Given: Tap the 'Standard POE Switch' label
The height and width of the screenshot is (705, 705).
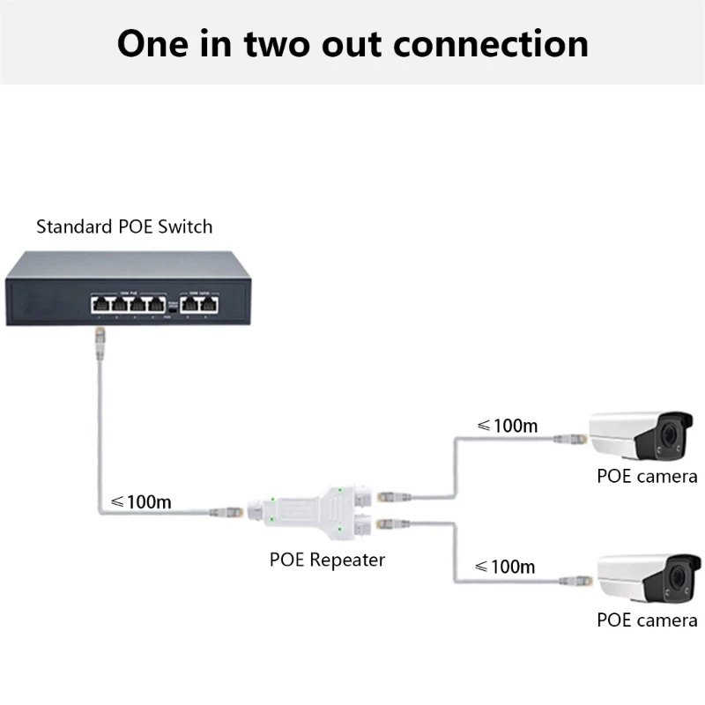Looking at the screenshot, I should [124, 226].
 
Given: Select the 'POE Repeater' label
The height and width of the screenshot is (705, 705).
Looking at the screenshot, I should [327, 559].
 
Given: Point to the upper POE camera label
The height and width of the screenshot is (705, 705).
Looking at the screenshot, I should [647, 477].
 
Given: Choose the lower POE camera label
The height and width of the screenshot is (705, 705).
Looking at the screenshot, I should [647, 620].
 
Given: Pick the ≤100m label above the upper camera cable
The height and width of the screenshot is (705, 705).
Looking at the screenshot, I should [507, 426].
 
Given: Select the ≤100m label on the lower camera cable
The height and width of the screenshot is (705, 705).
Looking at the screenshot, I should [505, 566].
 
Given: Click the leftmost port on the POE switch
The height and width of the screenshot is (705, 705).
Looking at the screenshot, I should [99, 304].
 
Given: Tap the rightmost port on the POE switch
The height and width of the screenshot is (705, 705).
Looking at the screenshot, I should [210, 304].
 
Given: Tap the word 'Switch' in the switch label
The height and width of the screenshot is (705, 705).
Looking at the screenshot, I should [186, 226].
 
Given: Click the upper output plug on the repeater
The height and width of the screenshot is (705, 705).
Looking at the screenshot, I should [390, 496].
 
